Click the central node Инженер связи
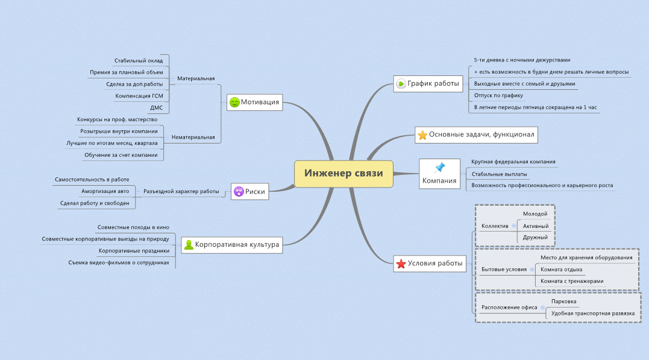[343, 174]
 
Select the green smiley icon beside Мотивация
[234, 103]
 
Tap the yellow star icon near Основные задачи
[422, 135]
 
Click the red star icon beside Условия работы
[400, 263]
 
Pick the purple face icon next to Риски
[239, 192]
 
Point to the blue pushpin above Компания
[439, 167]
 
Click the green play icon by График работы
[401, 83]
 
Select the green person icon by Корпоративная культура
[189, 245]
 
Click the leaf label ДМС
[156, 107]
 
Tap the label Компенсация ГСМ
[139, 96]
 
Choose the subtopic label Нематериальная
[193, 137]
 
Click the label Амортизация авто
[105, 191]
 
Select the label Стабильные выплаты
[499, 174]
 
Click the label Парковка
[564, 301]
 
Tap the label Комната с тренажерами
[571, 281]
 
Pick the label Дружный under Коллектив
[535, 237]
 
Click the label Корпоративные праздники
[134, 250]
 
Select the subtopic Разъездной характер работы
[181, 191]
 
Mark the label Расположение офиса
[509, 307]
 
